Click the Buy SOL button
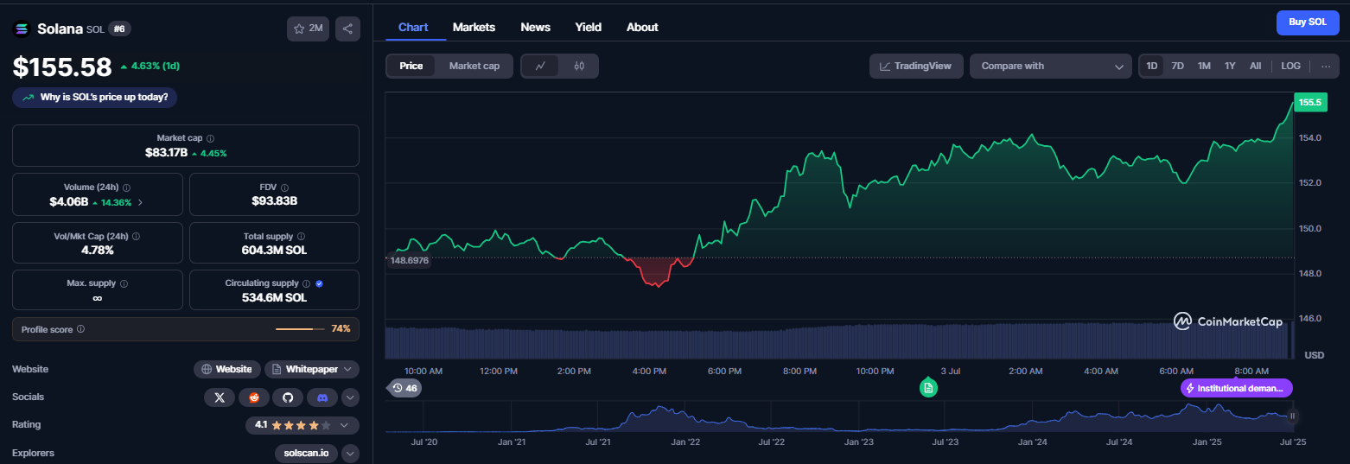point(1307,22)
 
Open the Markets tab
point(474,27)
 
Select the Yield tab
point(588,27)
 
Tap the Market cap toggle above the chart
point(474,66)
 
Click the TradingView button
point(916,66)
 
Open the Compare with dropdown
point(1050,66)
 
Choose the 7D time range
point(1177,66)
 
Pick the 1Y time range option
point(1230,66)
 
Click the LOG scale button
point(1290,66)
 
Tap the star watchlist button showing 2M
point(308,29)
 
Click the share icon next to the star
point(347,29)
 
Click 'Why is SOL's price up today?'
point(94,97)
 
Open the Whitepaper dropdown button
point(312,369)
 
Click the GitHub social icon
point(288,397)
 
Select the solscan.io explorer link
point(306,453)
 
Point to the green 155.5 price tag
point(1310,103)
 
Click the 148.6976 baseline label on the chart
point(409,260)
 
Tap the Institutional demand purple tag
point(1236,388)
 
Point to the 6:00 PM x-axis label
point(724,372)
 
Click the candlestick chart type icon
point(578,66)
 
